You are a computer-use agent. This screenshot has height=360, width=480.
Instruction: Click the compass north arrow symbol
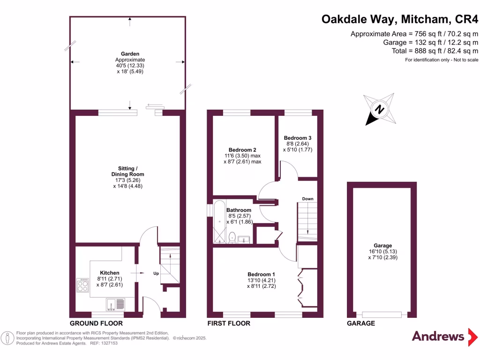(379, 110)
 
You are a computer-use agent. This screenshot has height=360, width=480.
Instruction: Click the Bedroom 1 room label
(261, 274)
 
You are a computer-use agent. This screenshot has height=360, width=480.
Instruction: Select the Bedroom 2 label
(242, 150)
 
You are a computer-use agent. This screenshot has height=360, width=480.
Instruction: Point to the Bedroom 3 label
(298, 138)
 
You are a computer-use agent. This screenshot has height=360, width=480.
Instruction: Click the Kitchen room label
(110, 273)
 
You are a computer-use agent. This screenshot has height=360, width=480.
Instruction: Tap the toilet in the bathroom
(232, 237)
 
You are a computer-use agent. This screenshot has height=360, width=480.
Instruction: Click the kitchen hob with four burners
(83, 285)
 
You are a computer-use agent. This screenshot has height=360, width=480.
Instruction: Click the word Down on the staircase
(307, 199)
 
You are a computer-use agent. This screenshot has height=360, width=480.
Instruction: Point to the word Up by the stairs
(156, 273)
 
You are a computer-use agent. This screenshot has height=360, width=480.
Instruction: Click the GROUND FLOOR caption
(96, 323)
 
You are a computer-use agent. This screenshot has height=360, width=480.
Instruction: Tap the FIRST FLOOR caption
(229, 323)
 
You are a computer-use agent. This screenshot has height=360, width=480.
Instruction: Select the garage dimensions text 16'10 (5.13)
(382, 251)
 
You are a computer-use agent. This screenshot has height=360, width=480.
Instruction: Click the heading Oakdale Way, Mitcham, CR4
(400, 20)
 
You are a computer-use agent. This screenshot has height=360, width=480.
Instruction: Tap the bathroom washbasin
(244, 240)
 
